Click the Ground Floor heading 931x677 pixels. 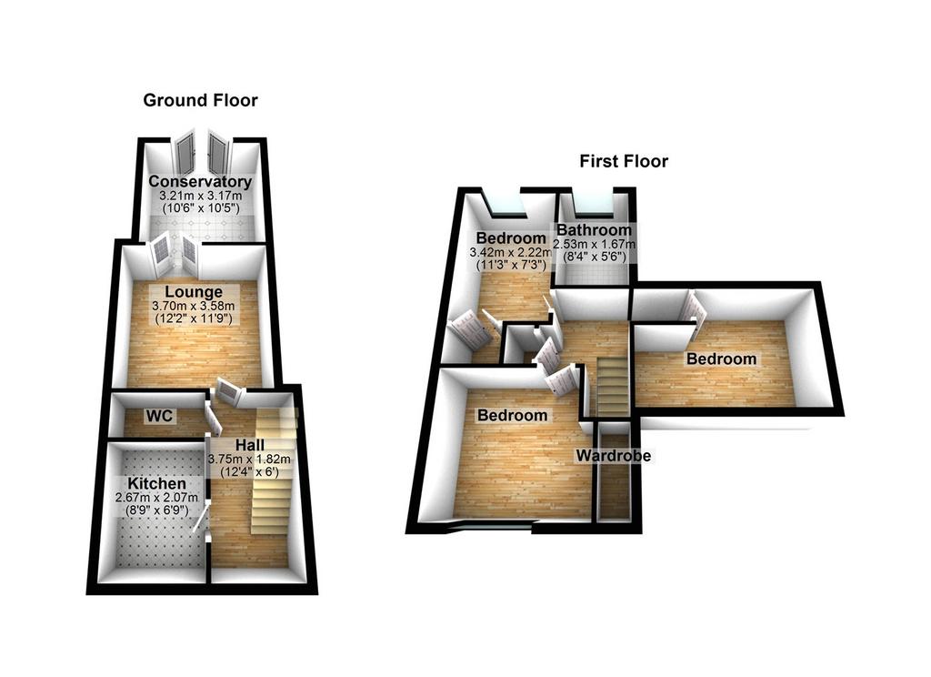[x=200, y=100]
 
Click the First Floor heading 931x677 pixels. [x=624, y=161]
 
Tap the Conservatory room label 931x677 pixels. [x=200, y=181]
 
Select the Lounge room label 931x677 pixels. [x=194, y=292]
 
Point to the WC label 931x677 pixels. [x=160, y=416]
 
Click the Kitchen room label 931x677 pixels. [x=157, y=484]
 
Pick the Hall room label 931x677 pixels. [x=250, y=445]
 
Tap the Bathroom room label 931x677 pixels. [x=594, y=229]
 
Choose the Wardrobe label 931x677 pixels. [x=614, y=456]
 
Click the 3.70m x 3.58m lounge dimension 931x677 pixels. [x=194, y=306]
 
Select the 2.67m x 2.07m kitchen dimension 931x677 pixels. [x=156, y=498]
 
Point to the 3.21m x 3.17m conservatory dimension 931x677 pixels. [x=201, y=196]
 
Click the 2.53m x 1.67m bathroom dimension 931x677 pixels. [x=594, y=244]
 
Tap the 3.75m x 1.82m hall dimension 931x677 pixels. [x=249, y=459]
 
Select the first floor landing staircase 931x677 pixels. [x=612, y=387]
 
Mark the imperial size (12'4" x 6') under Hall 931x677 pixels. [x=249, y=472]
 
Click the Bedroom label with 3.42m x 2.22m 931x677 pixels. [x=511, y=238]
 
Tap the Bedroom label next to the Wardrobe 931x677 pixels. [x=513, y=415]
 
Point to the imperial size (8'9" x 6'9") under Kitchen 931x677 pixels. [x=156, y=510]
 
